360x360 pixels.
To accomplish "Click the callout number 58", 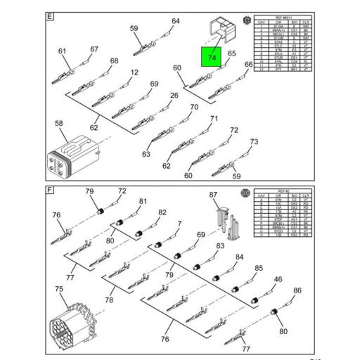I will [x=59, y=124].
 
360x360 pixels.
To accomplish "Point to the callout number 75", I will [x=59, y=290].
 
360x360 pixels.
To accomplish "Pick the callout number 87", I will [x=214, y=194].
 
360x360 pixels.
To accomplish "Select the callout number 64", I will [x=176, y=21].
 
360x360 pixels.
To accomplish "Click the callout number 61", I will [x=63, y=51].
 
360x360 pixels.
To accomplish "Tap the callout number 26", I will [x=174, y=96].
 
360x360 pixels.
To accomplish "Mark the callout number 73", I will [x=254, y=142].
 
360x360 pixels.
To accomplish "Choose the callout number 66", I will [x=248, y=65].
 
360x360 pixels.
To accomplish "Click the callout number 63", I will [x=146, y=154].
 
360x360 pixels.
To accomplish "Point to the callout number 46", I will [x=278, y=280].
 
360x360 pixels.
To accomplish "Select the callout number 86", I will [x=297, y=290].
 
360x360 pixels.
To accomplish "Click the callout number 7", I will [x=179, y=224].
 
